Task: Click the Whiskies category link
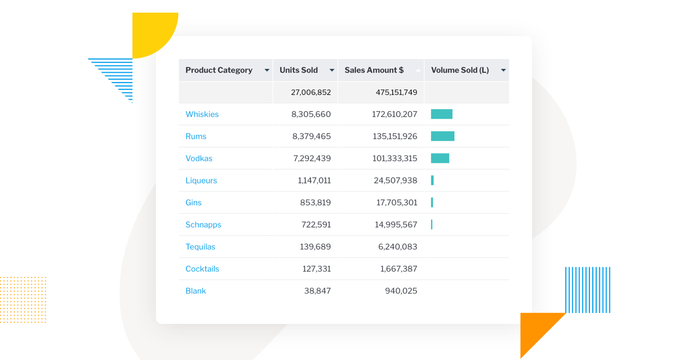point(202,115)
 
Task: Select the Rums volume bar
point(443,136)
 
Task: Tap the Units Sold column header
point(299,71)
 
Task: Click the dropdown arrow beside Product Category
point(267,71)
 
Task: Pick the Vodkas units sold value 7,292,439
point(311,159)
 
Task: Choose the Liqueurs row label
point(201,181)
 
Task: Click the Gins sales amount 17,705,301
point(396,203)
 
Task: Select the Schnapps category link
point(203,225)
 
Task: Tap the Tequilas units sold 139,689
point(316,247)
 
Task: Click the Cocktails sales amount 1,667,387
point(398,269)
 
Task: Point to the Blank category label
point(196,291)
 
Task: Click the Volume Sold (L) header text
point(460,71)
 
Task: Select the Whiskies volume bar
point(441,114)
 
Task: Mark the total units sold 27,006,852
point(311,92)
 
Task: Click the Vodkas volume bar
point(440,158)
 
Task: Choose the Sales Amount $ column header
point(374,71)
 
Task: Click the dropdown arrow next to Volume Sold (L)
point(503,71)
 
